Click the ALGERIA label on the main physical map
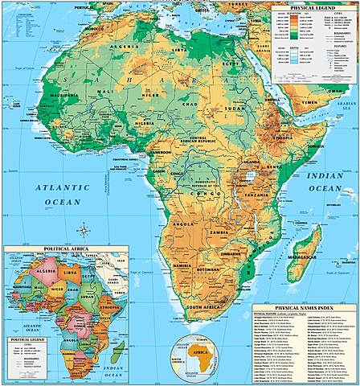point(131,47)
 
